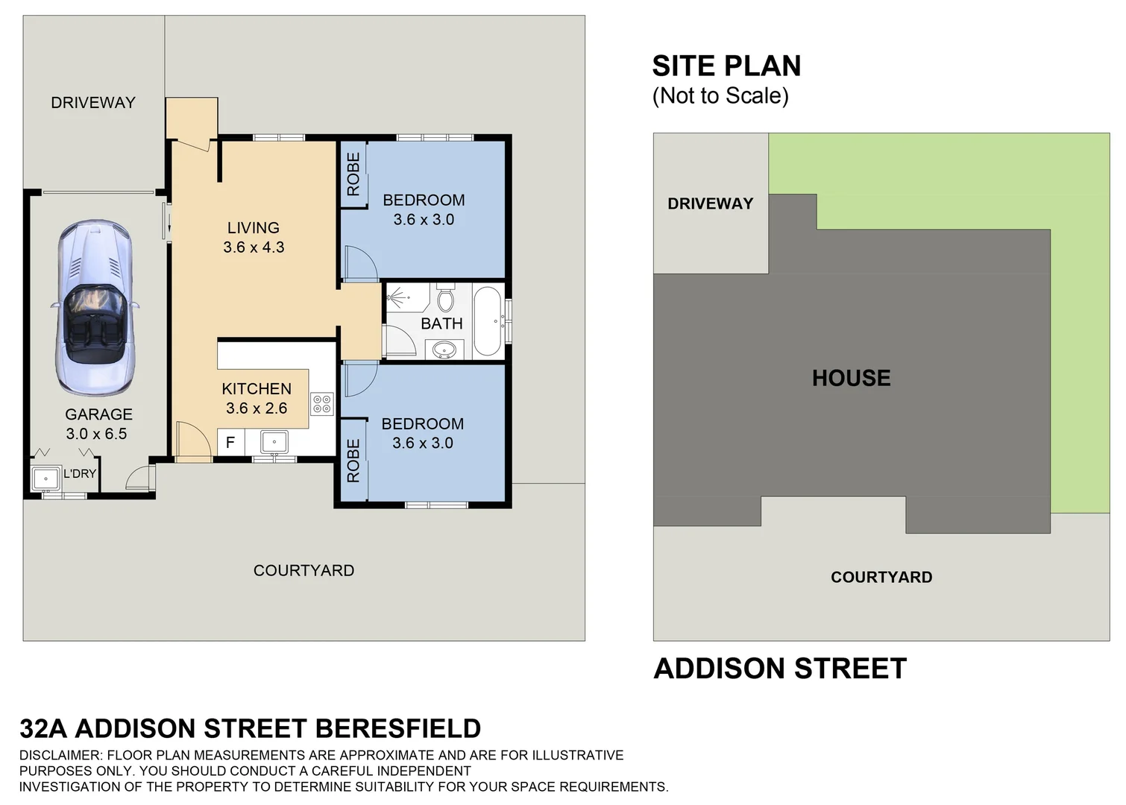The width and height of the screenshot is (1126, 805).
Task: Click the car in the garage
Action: (x=95, y=307)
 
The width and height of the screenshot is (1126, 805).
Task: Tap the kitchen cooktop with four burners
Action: (x=322, y=404)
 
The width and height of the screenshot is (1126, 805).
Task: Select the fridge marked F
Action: (x=230, y=442)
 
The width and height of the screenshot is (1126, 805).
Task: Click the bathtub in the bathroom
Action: (x=488, y=321)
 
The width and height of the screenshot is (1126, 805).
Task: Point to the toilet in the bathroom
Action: (x=446, y=299)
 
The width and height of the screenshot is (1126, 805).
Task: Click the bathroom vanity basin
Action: (x=445, y=349)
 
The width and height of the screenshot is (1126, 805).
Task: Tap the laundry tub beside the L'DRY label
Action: (x=46, y=478)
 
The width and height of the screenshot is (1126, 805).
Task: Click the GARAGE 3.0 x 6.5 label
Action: (x=98, y=424)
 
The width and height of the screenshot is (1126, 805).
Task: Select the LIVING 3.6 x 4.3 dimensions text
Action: (x=254, y=247)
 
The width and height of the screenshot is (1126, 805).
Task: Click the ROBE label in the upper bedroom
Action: (x=353, y=174)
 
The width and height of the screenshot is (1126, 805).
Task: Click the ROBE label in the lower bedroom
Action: (x=353, y=460)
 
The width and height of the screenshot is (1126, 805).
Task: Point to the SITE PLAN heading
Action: (x=726, y=66)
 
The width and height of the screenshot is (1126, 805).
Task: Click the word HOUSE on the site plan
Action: (x=851, y=378)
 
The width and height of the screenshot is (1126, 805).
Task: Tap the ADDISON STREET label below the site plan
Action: (x=780, y=669)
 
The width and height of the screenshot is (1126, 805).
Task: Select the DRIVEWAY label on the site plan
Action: (x=710, y=203)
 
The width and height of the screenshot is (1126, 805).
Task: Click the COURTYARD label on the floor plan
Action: (x=303, y=570)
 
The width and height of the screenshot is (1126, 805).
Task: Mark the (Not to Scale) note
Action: (x=720, y=96)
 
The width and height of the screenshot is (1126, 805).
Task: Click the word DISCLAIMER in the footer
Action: (x=57, y=755)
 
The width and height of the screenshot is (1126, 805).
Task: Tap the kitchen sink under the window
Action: (x=274, y=442)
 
